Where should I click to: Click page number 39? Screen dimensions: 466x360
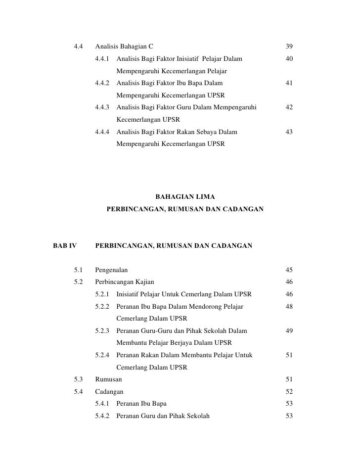coord(289,47)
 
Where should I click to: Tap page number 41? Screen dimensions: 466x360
coord(289,84)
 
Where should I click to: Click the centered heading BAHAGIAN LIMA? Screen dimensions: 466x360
coord(185,197)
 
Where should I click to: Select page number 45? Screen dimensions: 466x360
coord(289,270)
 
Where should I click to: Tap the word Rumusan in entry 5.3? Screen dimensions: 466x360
coord(109,379)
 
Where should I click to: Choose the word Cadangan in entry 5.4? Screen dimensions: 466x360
coord(109,392)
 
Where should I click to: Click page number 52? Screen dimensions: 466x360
coord(289,392)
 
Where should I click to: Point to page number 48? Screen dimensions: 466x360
coord(289,307)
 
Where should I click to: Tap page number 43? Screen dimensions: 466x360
coord(289,132)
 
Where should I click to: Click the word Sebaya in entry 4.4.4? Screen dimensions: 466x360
coord(205,132)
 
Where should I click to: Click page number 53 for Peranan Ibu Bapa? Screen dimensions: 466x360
coord(289,404)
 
